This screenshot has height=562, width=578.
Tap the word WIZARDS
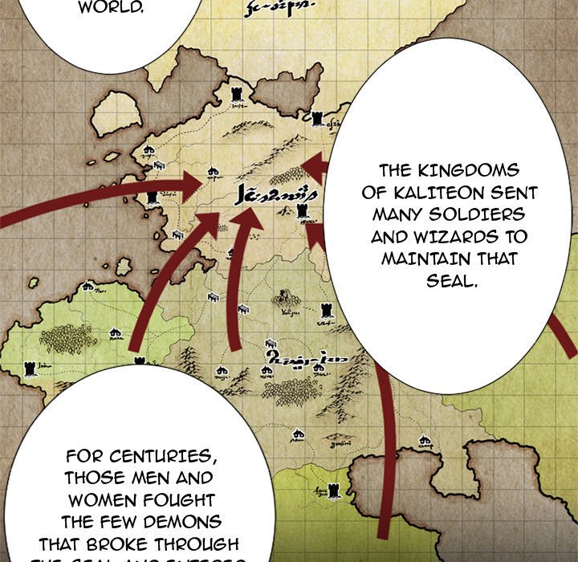pos(433,238)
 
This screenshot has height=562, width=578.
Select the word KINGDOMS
pos(461,171)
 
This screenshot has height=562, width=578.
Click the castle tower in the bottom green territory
pos(322,491)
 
